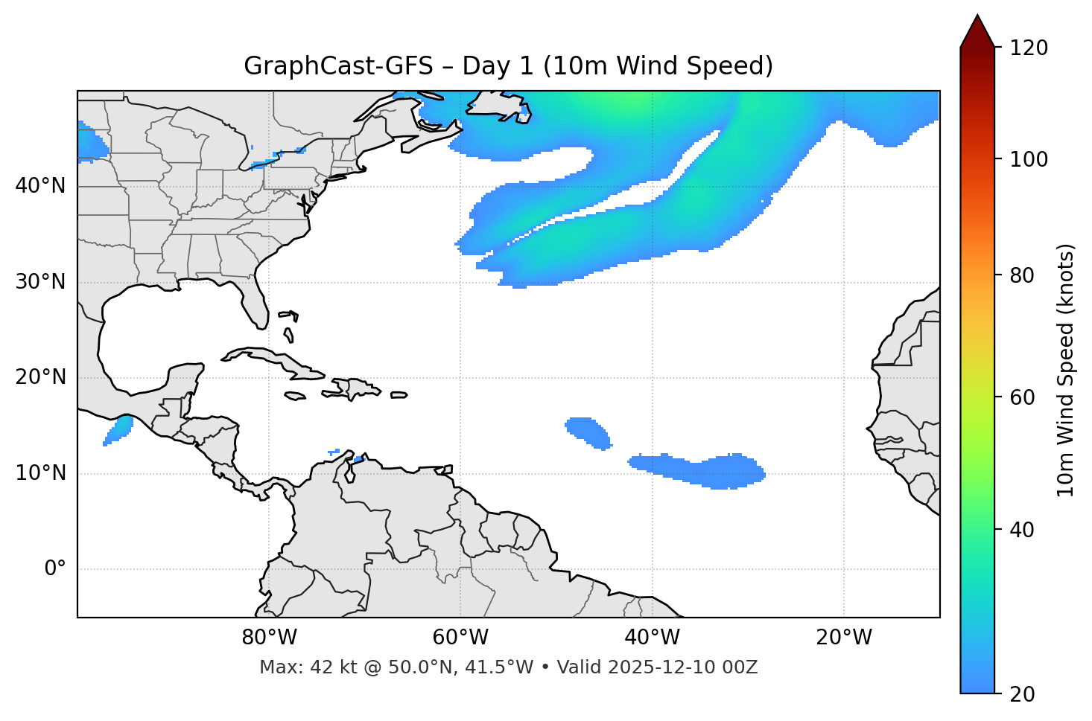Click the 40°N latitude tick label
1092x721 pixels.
coord(40,186)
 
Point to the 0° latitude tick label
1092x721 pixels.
coord(55,569)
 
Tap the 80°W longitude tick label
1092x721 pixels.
coord(269,638)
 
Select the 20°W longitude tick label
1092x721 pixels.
coord(844,638)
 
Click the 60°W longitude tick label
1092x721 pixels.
coord(460,638)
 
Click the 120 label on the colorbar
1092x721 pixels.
coord(1029,48)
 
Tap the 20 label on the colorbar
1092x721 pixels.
coord(1022,694)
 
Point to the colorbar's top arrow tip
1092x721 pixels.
coord(977,15)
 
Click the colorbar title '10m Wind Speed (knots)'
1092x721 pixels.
coord(1066,371)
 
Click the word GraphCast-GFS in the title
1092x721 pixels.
coord(338,66)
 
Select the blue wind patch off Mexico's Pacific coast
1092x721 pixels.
coord(118,429)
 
